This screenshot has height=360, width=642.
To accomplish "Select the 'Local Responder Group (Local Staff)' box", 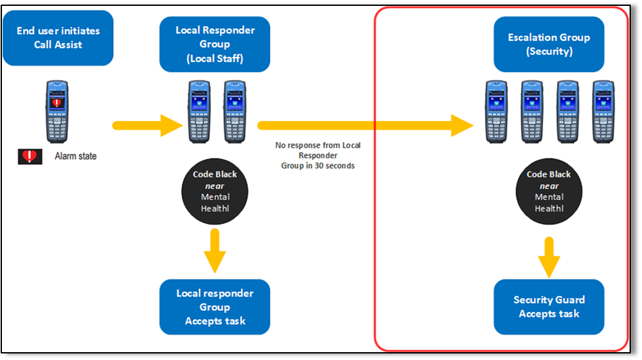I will click(215, 44).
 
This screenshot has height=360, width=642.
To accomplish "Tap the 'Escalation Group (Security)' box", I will click(549, 44).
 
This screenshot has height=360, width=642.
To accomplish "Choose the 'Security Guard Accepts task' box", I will click(549, 306).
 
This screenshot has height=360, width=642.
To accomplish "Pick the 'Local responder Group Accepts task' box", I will click(215, 306).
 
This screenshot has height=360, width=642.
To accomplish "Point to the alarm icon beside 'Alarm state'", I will click(30, 156).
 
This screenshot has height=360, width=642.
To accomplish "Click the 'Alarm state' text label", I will click(75, 156).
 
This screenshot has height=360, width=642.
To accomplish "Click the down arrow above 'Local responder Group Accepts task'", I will click(215, 251).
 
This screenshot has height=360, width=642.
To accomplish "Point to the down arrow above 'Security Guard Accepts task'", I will click(549, 256).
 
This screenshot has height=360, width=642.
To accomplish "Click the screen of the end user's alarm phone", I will click(57, 101).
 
